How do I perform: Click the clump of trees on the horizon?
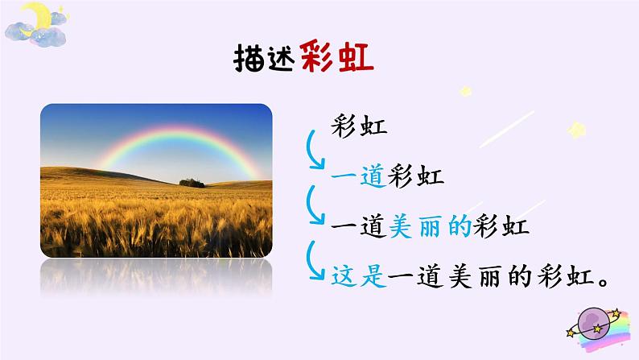pos(191,182)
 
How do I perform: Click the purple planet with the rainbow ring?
pos(596,323)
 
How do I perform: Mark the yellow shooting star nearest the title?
pos(466,92)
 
